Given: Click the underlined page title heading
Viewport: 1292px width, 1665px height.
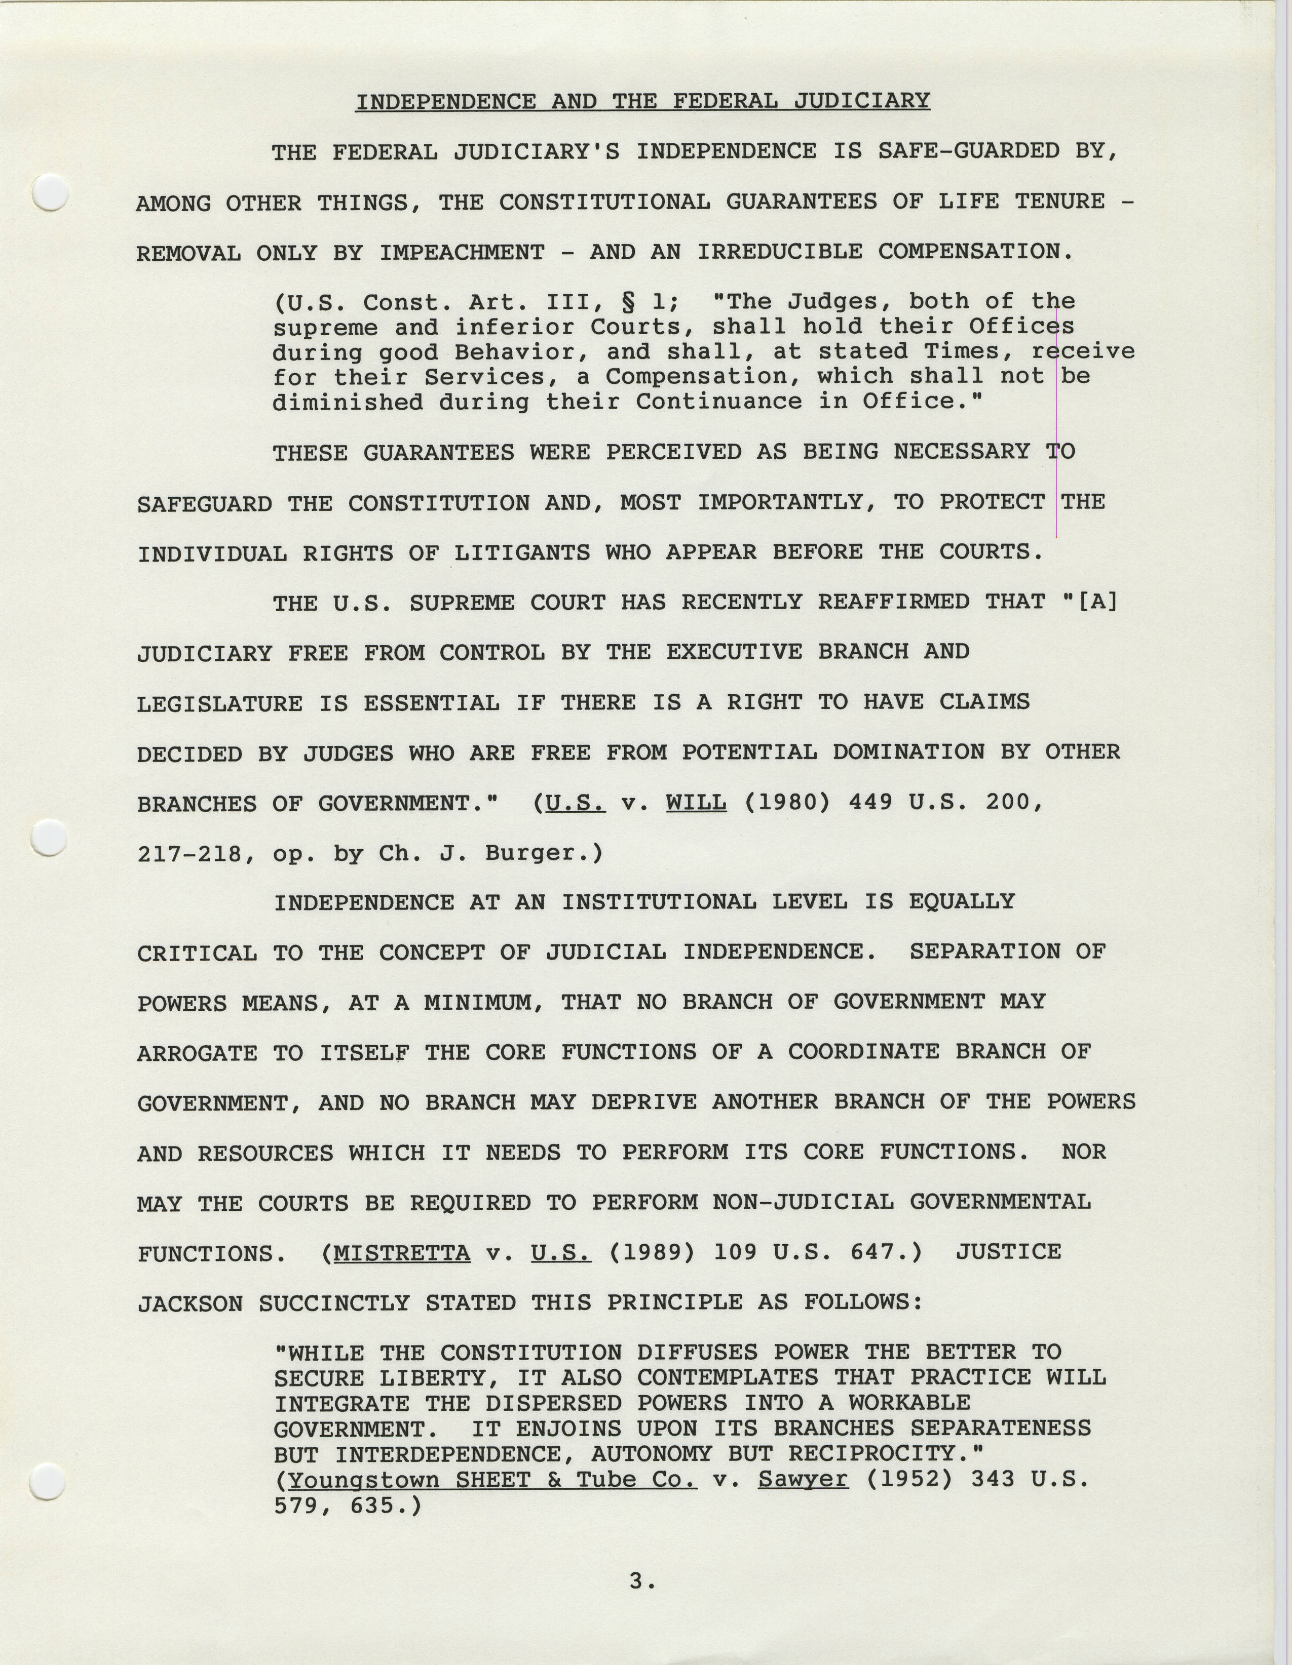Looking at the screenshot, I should [x=642, y=101].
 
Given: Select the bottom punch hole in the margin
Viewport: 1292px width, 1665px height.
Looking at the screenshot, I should [x=47, y=1481].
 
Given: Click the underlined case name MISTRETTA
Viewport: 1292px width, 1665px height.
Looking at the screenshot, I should [x=402, y=1253].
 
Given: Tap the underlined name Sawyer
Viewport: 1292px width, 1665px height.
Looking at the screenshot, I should [x=803, y=1480].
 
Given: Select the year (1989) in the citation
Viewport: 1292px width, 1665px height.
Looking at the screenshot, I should [x=652, y=1253].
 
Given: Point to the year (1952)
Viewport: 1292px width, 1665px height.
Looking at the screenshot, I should [x=909, y=1480].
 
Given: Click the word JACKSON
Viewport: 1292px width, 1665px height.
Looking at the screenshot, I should [x=190, y=1303].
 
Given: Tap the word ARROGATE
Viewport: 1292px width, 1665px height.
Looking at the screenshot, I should [x=198, y=1054].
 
